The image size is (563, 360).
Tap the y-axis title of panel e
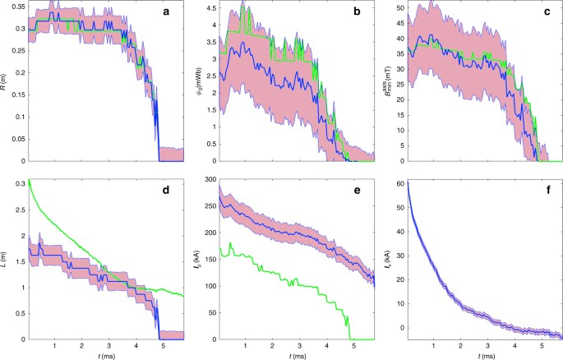[x=197, y=259]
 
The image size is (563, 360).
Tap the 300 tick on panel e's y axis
[x=209, y=179]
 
